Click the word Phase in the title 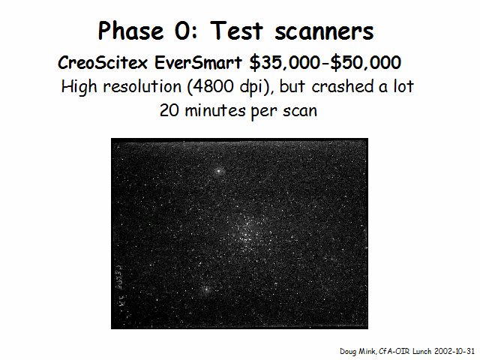pyautogui.click(x=130, y=31)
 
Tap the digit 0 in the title pyautogui.click(x=183, y=31)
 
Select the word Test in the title pyautogui.click(x=236, y=31)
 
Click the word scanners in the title pyautogui.click(x=324, y=32)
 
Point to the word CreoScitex pyautogui.click(x=103, y=63)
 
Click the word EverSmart pyautogui.click(x=198, y=63)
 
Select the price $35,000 pyautogui.click(x=285, y=63)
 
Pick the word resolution pyautogui.click(x=142, y=87)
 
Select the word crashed pyautogui.click(x=343, y=87)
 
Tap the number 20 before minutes pyautogui.click(x=169, y=110)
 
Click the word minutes pyautogui.click(x=215, y=110)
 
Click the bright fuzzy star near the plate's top pyautogui.click(x=218, y=171)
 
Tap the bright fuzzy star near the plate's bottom pyautogui.click(x=205, y=289)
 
